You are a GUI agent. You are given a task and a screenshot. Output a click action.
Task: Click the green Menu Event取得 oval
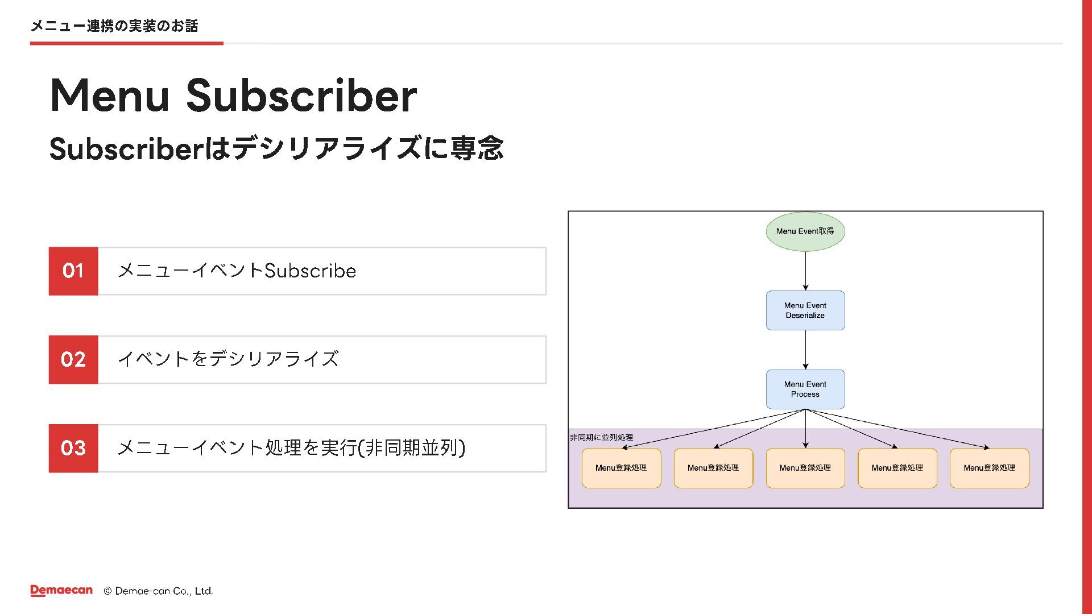click(805, 231)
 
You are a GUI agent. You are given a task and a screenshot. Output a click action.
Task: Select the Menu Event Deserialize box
click(805, 310)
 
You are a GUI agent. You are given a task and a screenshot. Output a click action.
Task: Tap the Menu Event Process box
click(805, 389)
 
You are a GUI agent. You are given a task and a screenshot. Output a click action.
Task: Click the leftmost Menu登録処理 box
click(621, 468)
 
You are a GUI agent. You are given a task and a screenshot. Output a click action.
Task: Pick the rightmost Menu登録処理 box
click(989, 468)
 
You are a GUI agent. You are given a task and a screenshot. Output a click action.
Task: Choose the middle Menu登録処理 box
click(805, 468)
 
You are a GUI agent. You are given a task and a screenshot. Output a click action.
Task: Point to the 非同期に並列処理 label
click(601, 437)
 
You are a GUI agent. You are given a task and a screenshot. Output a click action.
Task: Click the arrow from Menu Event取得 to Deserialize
click(805, 271)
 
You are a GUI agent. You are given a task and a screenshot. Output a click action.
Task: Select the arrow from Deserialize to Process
click(805, 350)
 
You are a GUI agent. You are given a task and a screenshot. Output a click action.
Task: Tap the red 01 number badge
click(73, 271)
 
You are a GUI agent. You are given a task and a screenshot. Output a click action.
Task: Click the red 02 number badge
click(73, 360)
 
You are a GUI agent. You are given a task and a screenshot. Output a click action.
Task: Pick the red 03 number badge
click(73, 449)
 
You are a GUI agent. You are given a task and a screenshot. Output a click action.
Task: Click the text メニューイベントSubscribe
click(237, 271)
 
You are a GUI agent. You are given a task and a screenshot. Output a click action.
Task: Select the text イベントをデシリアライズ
click(228, 359)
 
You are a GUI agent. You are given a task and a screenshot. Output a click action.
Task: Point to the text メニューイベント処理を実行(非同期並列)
click(291, 448)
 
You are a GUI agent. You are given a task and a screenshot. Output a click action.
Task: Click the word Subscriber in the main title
click(302, 95)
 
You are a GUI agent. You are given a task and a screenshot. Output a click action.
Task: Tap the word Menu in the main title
click(110, 95)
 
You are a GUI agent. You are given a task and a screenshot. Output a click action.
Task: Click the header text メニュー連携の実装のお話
click(114, 26)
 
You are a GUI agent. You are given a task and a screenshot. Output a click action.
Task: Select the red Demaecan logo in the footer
click(61, 591)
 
